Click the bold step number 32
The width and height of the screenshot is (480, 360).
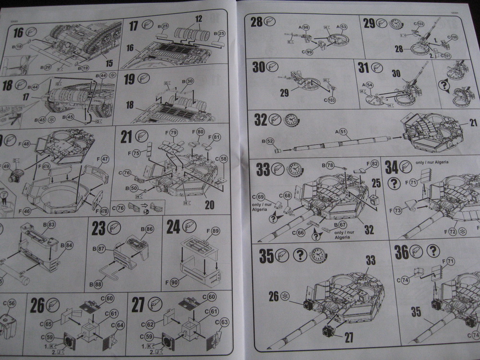tap(261, 120)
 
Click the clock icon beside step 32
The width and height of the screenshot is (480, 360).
tap(290, 120)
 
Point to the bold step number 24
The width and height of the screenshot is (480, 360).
tap(173, 227)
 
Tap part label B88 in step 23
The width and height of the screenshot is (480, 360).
tap(99, 284)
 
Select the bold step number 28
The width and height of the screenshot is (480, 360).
tap(257, 22)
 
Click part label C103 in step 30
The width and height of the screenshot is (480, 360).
tap(331, 100)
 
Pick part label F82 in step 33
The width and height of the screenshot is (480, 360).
tap(374, 164)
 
